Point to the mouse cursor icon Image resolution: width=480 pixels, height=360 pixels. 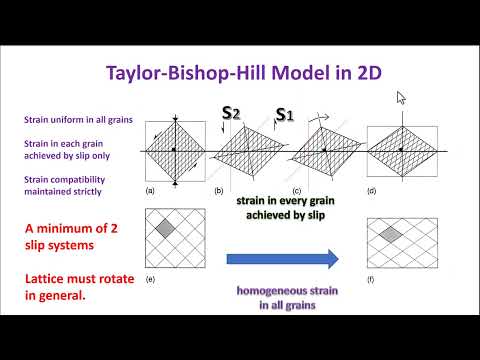(401, 98)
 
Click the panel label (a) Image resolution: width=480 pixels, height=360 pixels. (150, 190)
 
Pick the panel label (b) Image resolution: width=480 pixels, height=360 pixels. (219, 190)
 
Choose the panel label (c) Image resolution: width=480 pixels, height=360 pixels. (296, 190)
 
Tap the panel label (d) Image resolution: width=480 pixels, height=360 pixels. (373, 190)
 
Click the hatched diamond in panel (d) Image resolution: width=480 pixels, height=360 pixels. (400, 151)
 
